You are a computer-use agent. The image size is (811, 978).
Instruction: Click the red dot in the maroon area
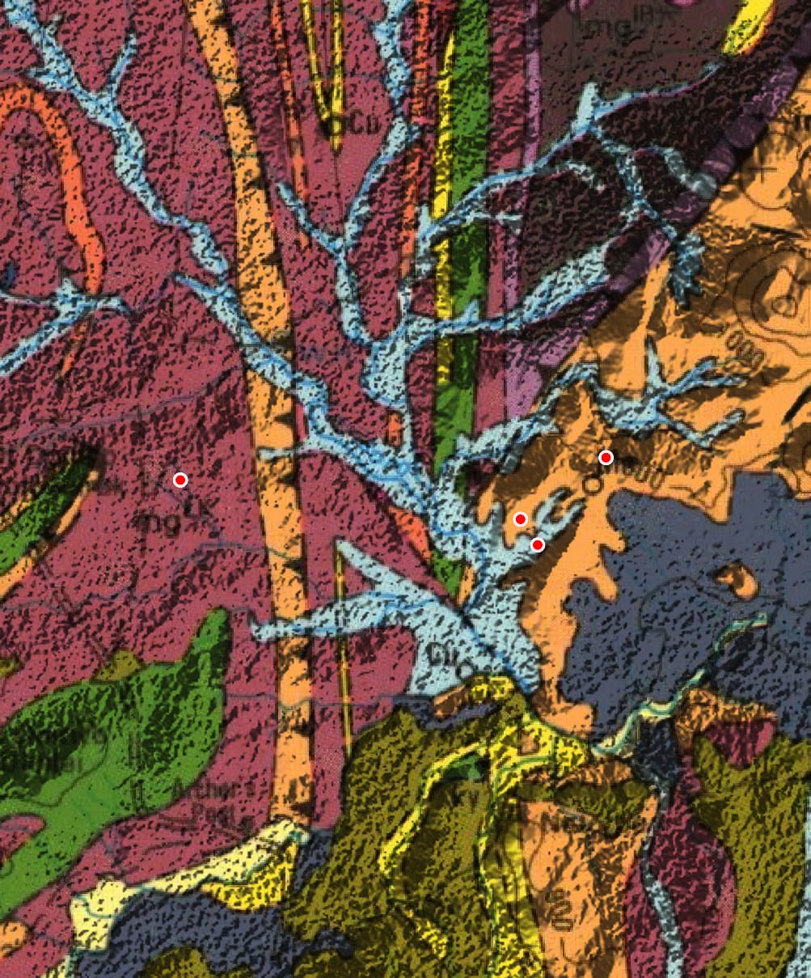click(180, 480)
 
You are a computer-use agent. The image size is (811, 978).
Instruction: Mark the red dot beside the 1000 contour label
click(606, 458)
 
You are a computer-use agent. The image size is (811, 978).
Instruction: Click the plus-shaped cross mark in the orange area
click(762, 171)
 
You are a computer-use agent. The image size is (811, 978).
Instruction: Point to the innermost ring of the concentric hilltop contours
click(783, 301)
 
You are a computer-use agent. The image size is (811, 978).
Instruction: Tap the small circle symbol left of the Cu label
click(332, 126)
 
